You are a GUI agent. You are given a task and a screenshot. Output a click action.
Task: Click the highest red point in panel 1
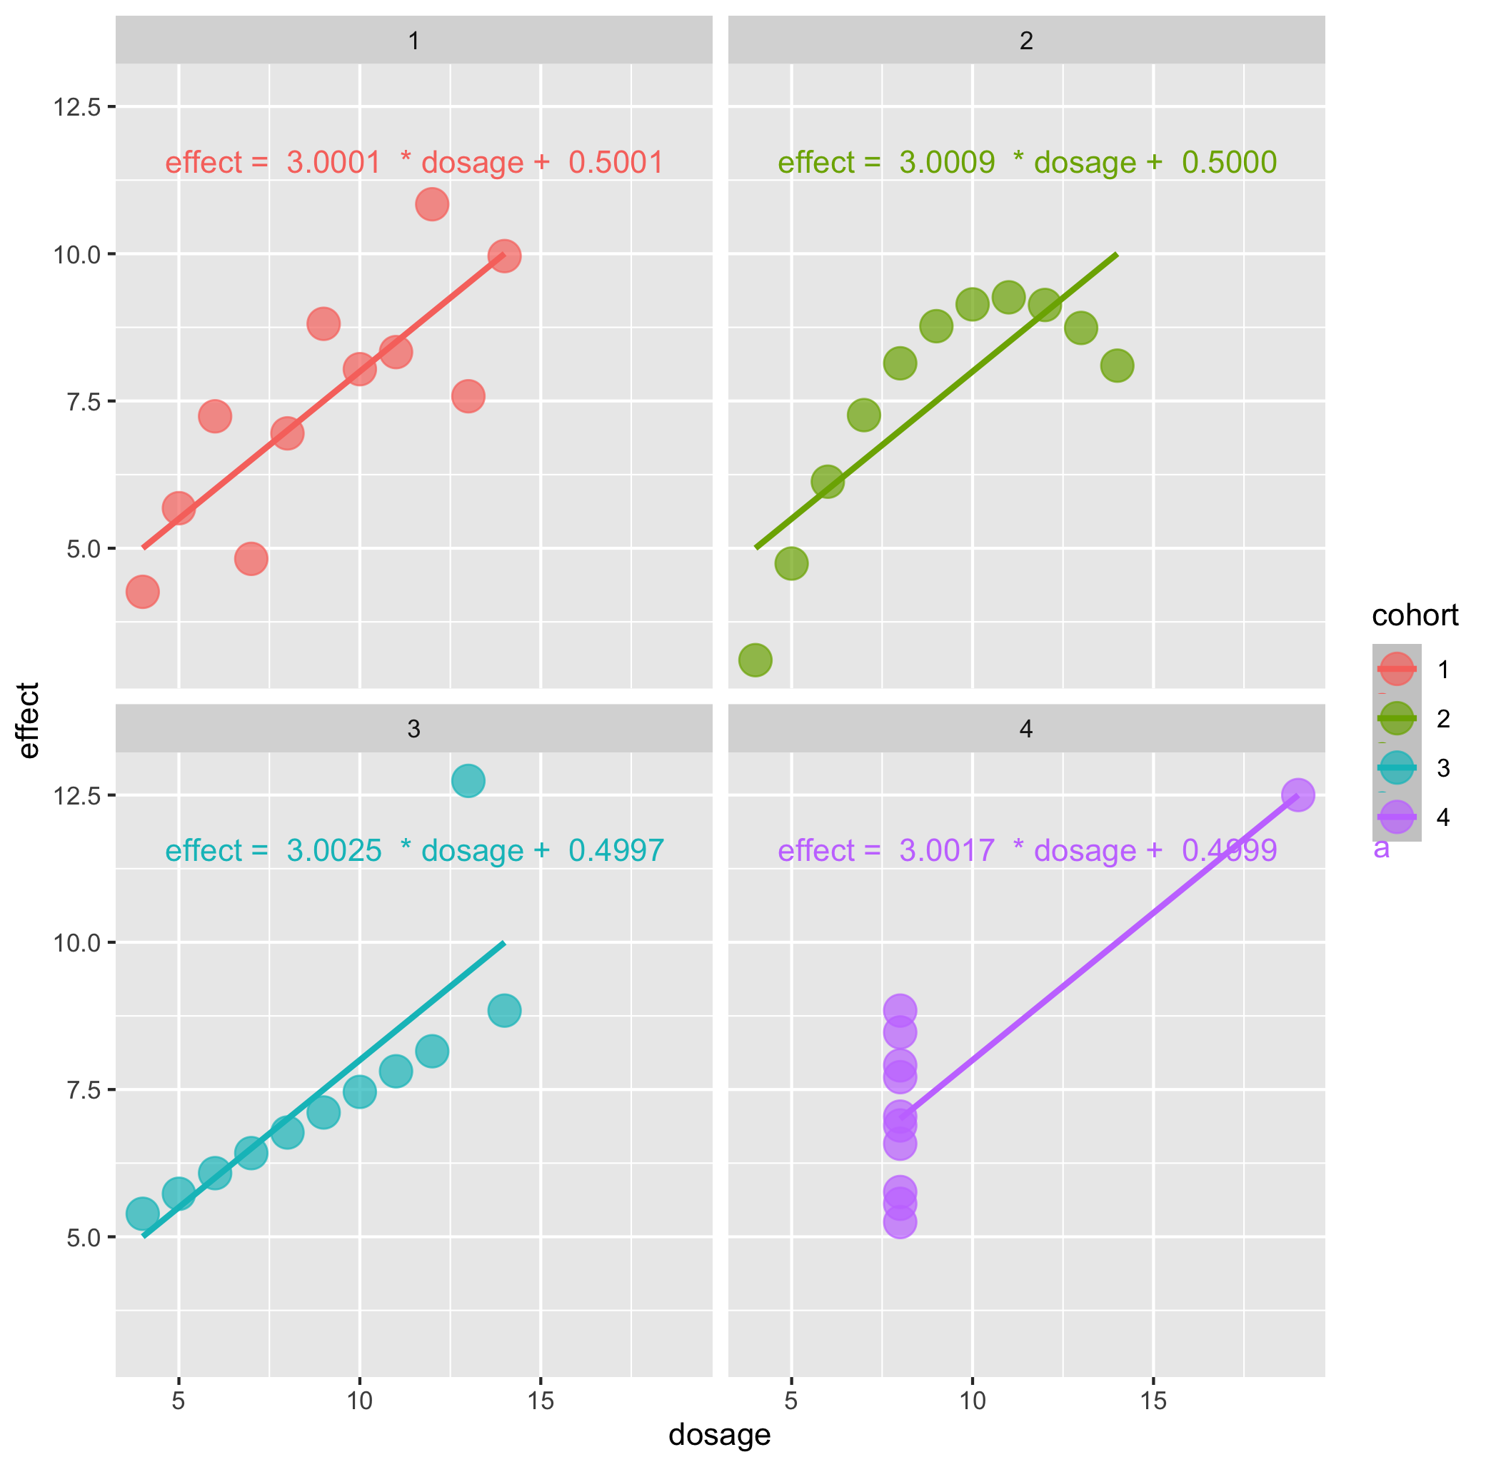tap(431, 204)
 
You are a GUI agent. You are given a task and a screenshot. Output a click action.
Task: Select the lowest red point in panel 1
tap(143, 592)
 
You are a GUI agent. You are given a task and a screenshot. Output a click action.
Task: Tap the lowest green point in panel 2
tap(755, 660)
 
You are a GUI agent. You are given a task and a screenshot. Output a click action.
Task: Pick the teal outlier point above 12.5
tap(468, 781)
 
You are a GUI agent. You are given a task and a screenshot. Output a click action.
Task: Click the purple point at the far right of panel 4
tap(1297, 795)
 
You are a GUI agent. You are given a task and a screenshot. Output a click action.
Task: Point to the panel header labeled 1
tap(413, 41)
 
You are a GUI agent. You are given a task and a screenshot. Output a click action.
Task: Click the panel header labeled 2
tap(1025, 41)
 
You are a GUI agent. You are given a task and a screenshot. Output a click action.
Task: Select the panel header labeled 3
tap(413, 729)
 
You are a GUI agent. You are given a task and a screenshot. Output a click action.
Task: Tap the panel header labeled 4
tap(1025, 729)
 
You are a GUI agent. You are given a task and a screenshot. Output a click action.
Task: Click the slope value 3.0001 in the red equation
tap(333, 163)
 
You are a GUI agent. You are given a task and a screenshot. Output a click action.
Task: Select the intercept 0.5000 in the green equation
tap(1229, 163)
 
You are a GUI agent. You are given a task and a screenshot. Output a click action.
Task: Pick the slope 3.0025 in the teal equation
tap(333, 851)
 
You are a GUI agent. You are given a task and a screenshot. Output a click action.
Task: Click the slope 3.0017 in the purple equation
tap(946, 851)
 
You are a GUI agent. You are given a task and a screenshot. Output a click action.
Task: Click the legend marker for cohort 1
tap(1396, 669)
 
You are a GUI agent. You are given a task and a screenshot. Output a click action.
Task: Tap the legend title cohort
tap(1415, 615)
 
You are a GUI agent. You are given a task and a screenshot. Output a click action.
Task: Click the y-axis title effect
tap(29, 720)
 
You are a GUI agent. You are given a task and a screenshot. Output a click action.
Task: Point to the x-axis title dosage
tap(720, 1435)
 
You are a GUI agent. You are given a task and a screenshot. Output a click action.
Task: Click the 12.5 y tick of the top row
tap(77, 107)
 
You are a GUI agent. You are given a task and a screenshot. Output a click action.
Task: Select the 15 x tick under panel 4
tap(1153, 1400)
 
